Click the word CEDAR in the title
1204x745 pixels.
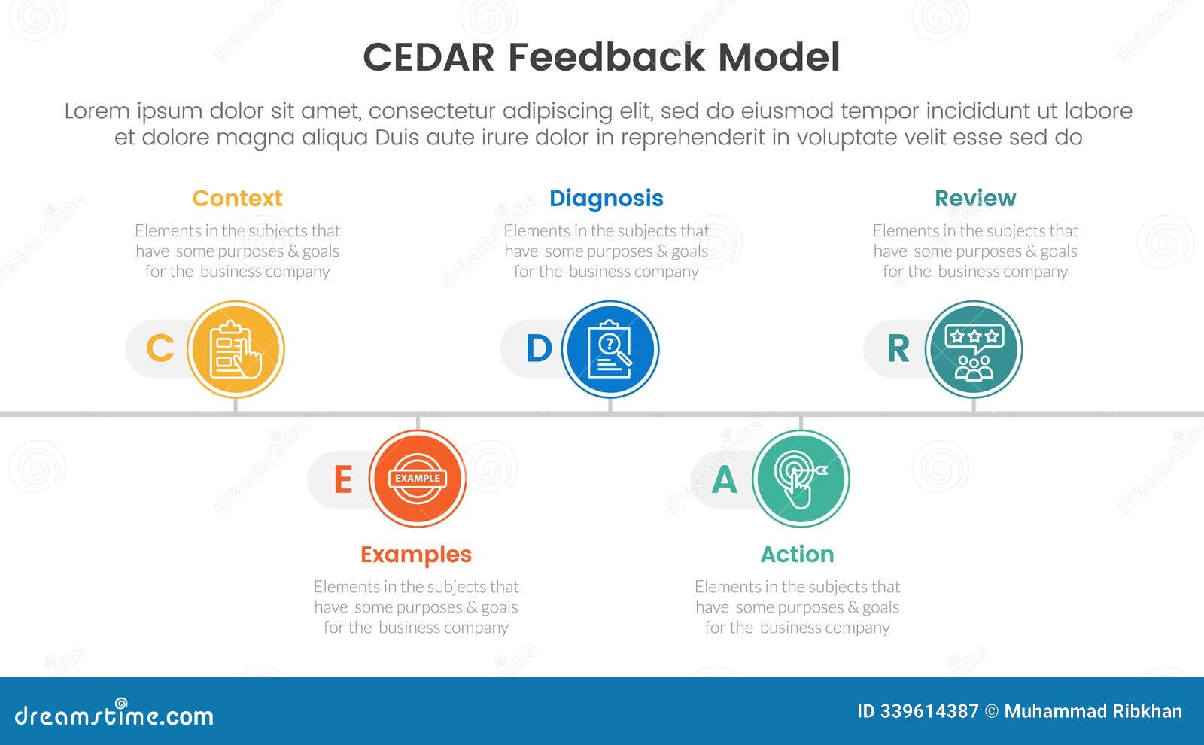(x=428, y=57)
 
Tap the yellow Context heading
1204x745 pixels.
(x=237, y=198)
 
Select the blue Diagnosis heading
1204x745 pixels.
(x=606, y=198)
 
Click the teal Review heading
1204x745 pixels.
(x=974, y=198)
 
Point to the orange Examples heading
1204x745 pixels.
(x=415, y=554)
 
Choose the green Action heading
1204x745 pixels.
(x=797, y=554)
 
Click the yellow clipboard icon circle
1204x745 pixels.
(x=236, y=349)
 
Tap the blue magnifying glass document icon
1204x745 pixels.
(x=610, y=349)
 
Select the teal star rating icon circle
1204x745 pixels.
(x=973, y=349)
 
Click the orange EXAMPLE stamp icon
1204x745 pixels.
(x=418, y=479)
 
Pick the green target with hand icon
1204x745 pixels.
(x=801, y=479)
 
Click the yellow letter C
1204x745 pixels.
(x=160, y=348)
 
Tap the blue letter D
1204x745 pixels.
(x=539, y=348)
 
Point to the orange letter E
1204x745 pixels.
(x=342, y=479)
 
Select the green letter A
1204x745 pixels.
(x=724, y=479)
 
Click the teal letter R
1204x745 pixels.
(x=898, y=348)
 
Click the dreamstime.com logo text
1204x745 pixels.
(x=114, y=715)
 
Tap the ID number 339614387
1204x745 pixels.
(x=929, y=711)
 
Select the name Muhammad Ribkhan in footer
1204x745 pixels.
(x=1093, y=711)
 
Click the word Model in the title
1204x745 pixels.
(x=779, y=57)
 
